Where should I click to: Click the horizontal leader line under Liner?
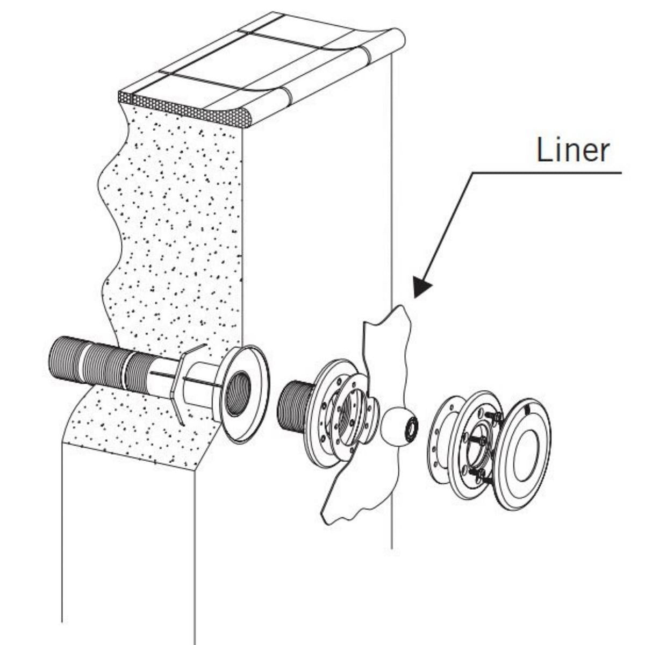(x=548, y=173)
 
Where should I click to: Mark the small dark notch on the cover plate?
(x=527, y=410)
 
